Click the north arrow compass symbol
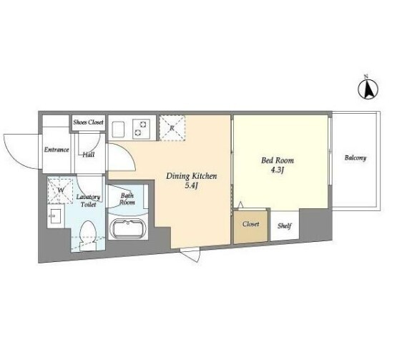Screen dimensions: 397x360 tap(368, 88)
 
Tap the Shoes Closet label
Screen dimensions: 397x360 tap(89, 122)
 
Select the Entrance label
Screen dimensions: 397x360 tap(57, 150)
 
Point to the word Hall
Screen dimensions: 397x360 tap(89, 155)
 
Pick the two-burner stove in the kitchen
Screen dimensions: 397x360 tap(141, 128)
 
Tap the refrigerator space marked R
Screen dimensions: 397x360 tap(172, 128)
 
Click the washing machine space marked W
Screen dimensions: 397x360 tap(60, 190)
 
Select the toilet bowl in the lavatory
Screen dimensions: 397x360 tap(88, 235)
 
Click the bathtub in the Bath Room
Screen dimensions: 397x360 tap(128, 229)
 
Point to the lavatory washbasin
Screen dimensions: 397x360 tap(55, 216)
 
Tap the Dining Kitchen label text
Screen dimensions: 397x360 tap(192, 176)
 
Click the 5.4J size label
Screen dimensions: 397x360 tap(191, 186)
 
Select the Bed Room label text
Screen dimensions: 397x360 tap(278, 160)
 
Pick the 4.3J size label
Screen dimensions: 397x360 tap(277, 170)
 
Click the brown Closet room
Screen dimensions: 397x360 tap(250, 226)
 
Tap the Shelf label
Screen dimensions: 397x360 tap(285, 225)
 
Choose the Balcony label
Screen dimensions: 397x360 tap(356, 158)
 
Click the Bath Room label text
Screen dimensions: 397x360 tap(127, 199)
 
